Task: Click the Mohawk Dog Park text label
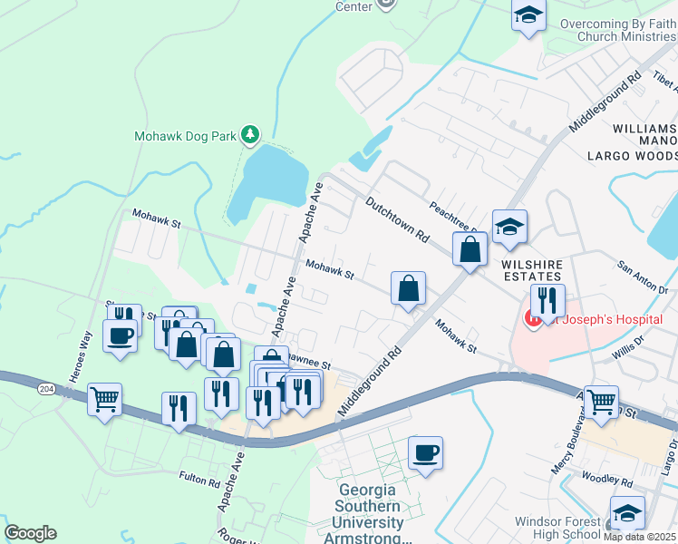pyautogui.click(x=184, y=136)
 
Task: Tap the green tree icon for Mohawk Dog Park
pyautogui.click(x=251, y=136)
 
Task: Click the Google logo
pyautogui.click(x=30, y=532)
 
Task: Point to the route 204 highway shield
pyautogui.click(x=44, y=388)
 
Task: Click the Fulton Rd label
pyautogui.click(x=199, y=478)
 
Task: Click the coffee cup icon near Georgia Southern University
pyautogui.click(x=425, y=452)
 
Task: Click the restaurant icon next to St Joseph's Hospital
pyautogui.click(x=548, y=300)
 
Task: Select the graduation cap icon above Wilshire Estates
pyautogui.click(x=509, y=227)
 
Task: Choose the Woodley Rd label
pyautogui.click(x=607, y=478)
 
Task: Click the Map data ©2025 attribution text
pyautogui.click(x=640, y=536)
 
